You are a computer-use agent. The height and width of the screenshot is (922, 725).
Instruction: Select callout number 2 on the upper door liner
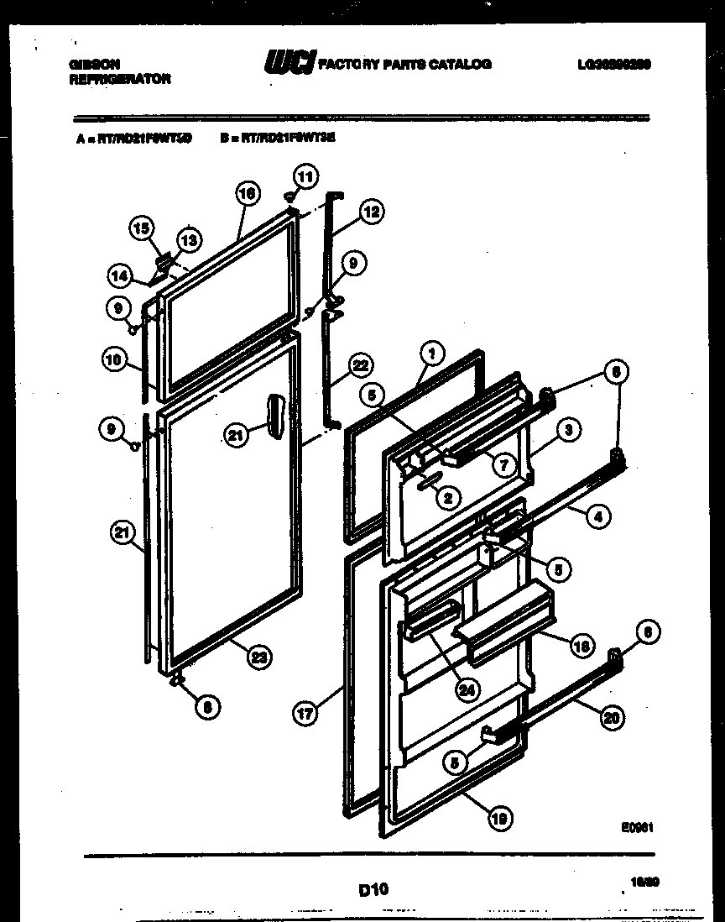click(447, 498)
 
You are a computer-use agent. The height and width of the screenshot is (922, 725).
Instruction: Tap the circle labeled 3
click(568, 430)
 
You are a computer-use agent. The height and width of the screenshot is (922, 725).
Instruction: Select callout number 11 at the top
click(305, 177)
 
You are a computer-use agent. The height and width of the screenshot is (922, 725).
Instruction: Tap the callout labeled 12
click(369, 212)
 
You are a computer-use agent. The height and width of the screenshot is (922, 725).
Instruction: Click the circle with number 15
click(143, 228)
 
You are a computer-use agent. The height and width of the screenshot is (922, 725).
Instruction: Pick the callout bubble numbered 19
click(501, 819)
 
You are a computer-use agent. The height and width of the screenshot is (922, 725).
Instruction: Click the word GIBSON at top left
click(92, 64)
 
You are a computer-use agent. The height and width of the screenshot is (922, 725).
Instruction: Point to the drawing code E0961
click(637, 827)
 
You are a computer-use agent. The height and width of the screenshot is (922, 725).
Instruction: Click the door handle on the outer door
click(275, 416)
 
